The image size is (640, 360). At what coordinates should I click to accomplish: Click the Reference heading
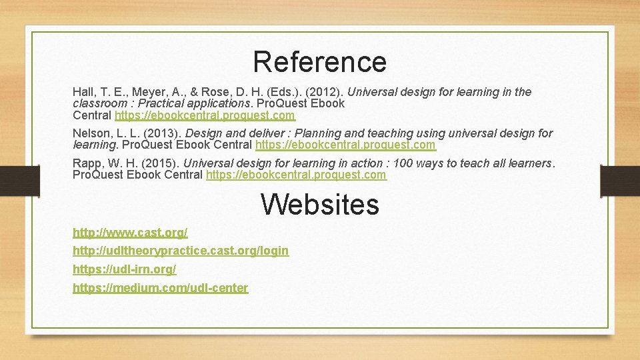(x=319, y=62)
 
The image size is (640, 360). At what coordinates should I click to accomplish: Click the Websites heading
(x=319, y=204)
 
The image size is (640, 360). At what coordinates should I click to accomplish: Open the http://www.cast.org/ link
(x=130, y=233)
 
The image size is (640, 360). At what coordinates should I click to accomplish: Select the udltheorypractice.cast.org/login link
(x=181, y=251)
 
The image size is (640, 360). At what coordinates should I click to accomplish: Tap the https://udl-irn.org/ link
(x=124, y=269)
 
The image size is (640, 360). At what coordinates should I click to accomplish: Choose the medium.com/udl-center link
(x=160, y=288)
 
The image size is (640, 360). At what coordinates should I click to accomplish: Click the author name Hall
(x=83, y=92)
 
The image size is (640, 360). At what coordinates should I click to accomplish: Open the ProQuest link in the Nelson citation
(x=345, y=145)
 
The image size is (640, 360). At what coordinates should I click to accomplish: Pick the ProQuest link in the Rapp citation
(x=296, y=175)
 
